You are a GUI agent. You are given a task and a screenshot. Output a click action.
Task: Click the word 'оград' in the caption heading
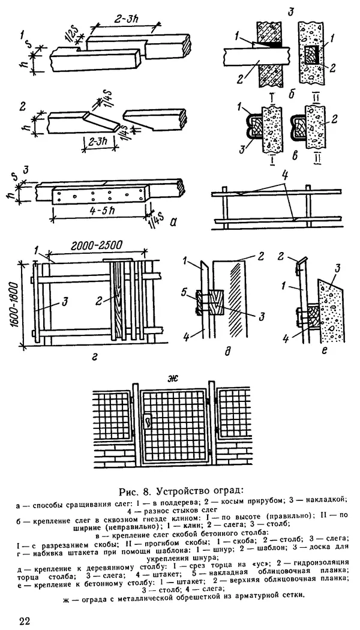pos(227,492)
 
